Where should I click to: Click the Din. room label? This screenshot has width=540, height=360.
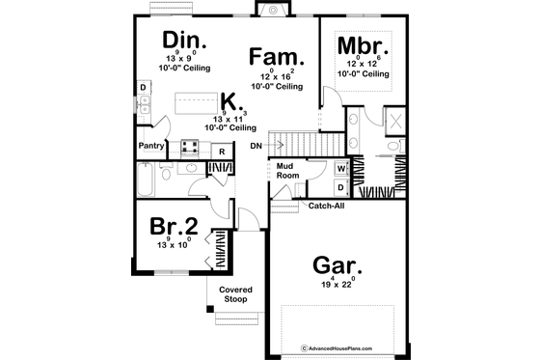(x=182, y=40)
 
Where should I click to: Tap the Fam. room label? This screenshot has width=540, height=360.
(x=277, y=55)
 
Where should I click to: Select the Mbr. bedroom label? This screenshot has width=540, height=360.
(x=364, y=45)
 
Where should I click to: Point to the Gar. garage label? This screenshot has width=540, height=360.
(x=337, y=266)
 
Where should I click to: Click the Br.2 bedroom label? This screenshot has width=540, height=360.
(x=175, y=227)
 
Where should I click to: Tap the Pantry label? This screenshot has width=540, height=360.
(x=150, y=146)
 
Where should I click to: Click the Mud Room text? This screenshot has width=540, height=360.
(x=286, y=170)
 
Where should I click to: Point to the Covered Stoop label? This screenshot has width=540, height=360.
(x=235, y=294)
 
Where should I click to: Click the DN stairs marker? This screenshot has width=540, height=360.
(x=255, y=146)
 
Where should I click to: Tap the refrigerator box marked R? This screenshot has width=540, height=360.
(x=222, y=151)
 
